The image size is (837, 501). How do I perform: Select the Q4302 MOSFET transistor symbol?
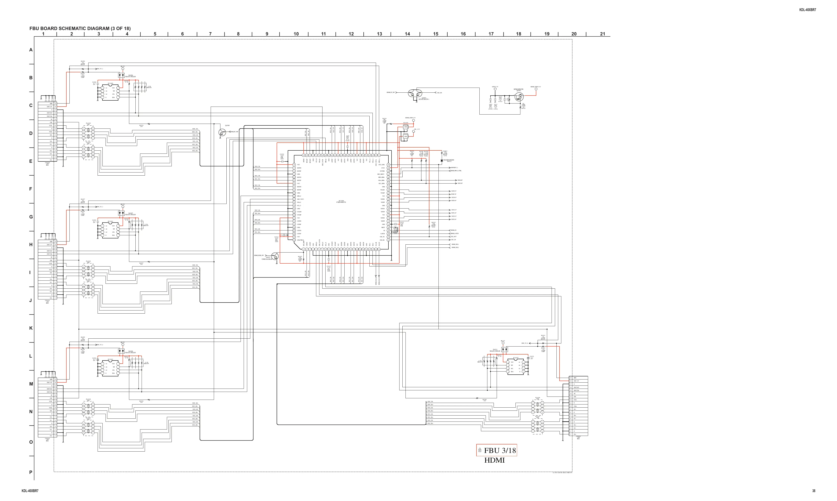point(518,97)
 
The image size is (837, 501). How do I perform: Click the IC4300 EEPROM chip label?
point(111,83)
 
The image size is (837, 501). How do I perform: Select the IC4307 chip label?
point(516,358)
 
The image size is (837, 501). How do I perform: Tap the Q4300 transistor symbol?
point(222,132)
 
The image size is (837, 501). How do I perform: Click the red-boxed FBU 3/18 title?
point(497,450)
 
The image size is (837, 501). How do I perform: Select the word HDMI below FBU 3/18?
point(494,460)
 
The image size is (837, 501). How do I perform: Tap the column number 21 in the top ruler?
point(602,34)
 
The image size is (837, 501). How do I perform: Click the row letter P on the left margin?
point(31,472)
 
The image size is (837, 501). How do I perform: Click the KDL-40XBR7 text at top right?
point(808,10)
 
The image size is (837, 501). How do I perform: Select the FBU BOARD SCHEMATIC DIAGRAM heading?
point(80,28)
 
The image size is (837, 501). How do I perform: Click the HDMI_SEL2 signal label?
point(455,247)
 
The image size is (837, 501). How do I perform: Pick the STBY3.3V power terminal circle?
point(495,90)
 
